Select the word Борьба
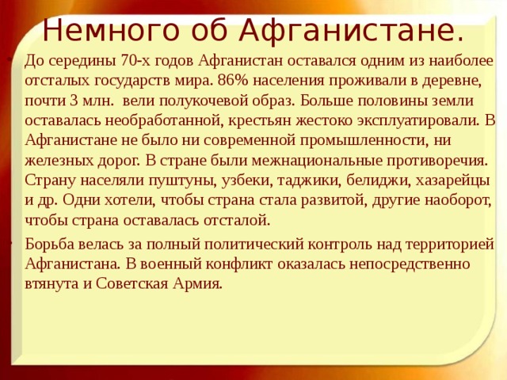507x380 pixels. tap(50, 243)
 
